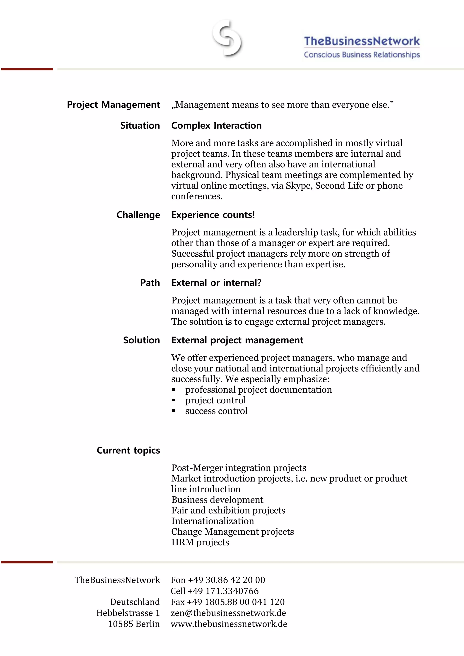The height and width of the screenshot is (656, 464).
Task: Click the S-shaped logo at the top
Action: coord(227,38)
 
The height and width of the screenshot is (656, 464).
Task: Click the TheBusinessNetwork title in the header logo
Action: coord(362,41)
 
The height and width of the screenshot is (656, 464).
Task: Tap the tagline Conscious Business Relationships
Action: coord(362,55)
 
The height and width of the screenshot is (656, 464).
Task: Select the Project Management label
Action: coord(113,105)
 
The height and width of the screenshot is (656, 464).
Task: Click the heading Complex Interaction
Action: coord(216,126)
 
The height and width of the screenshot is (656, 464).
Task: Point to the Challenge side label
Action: coord(138,215)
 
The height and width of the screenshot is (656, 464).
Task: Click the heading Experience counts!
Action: coord(213,215)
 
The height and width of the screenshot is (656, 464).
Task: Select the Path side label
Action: coord(150,283)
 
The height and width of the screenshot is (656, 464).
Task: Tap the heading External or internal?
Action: coord(216,283)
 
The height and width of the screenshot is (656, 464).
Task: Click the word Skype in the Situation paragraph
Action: coord(299,186)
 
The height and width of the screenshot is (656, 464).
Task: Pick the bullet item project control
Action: coord(215,400)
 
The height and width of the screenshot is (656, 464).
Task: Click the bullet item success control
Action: coord(216,411)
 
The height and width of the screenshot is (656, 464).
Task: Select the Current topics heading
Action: coord(128,450)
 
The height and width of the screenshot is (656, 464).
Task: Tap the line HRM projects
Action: coord(200,542)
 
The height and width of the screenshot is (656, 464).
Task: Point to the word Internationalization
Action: coord(213,521)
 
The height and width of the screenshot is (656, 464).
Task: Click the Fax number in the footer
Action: coord(227,602)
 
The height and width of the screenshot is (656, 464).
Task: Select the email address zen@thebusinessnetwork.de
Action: coord(228,613)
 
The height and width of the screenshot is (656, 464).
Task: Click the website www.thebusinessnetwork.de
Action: coord(229,624)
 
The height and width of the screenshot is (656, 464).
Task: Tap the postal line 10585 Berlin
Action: coord(134,624)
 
